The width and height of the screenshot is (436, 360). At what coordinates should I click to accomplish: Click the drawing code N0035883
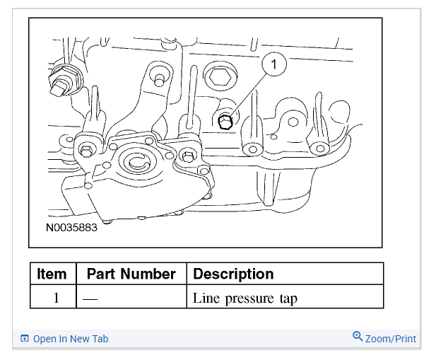[71, 228]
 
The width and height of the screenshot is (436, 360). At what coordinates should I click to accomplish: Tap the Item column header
[52, 274]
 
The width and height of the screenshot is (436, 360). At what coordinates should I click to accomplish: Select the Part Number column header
[131, 274]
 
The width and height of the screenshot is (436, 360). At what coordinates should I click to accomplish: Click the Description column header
[233, 274]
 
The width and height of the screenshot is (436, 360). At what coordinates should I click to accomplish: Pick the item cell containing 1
[56, 298]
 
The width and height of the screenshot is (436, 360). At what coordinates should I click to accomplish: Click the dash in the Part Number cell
[90, 298]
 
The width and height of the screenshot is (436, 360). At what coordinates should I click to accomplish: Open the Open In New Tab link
[71, 339]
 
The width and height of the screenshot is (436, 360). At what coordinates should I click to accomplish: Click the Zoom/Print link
[390, 339]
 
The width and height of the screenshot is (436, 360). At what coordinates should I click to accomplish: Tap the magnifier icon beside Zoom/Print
[358, 337]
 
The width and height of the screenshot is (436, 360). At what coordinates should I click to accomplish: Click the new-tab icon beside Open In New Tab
[25, 339]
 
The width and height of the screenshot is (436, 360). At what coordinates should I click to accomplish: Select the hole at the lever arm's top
[160, 76]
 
